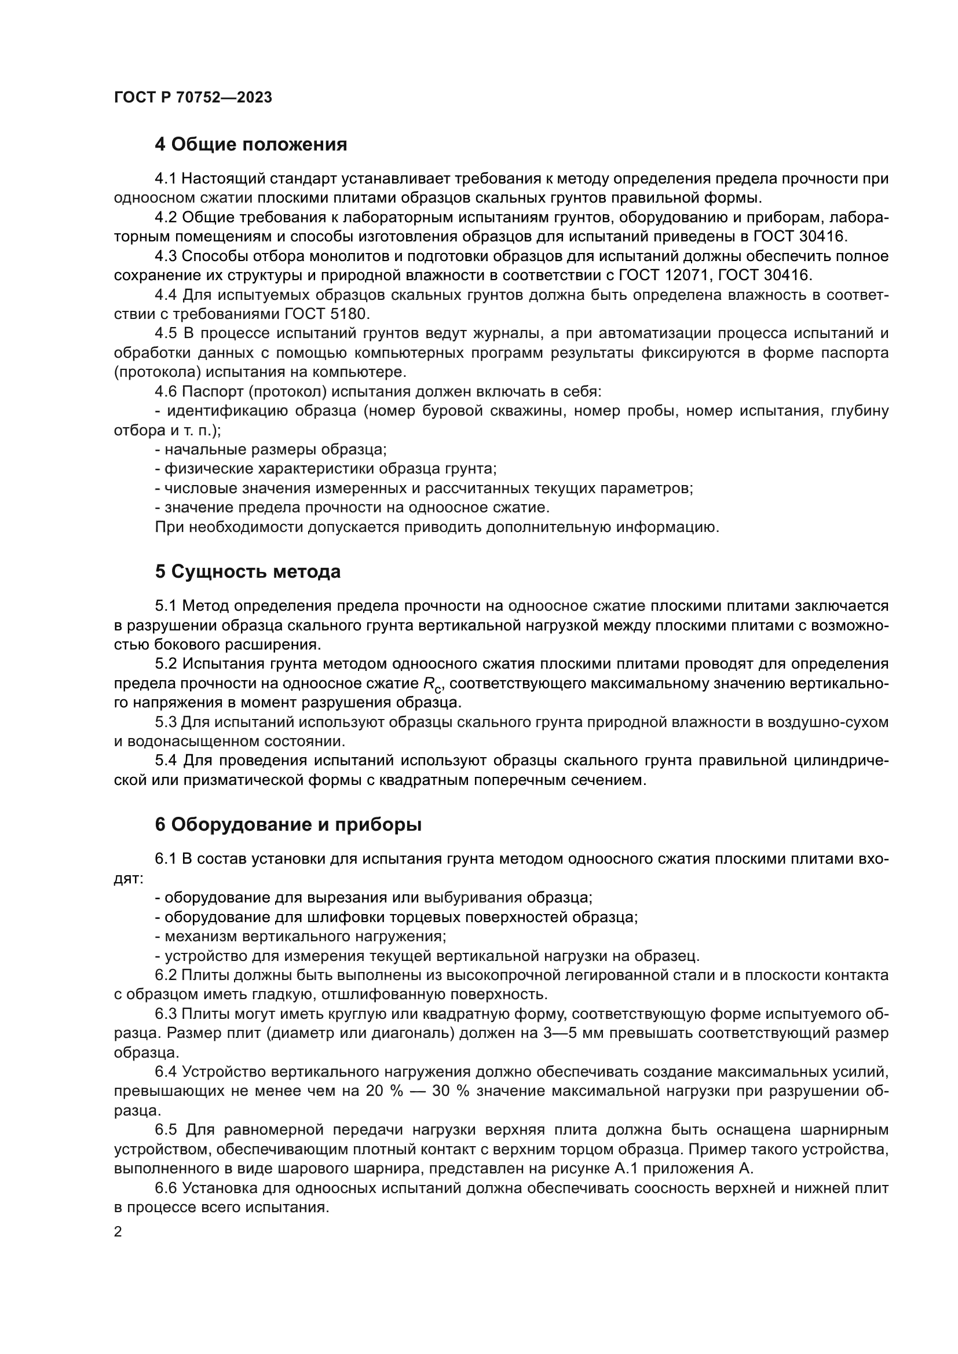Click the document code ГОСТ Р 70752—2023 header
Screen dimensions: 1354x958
point(193,98)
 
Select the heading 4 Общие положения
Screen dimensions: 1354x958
point(251,144)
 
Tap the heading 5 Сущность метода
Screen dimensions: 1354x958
point(247,571)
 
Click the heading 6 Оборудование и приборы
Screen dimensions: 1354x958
point(288,825)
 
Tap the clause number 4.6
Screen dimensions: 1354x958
point(166,391)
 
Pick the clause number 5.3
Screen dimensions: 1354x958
point(166,722)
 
